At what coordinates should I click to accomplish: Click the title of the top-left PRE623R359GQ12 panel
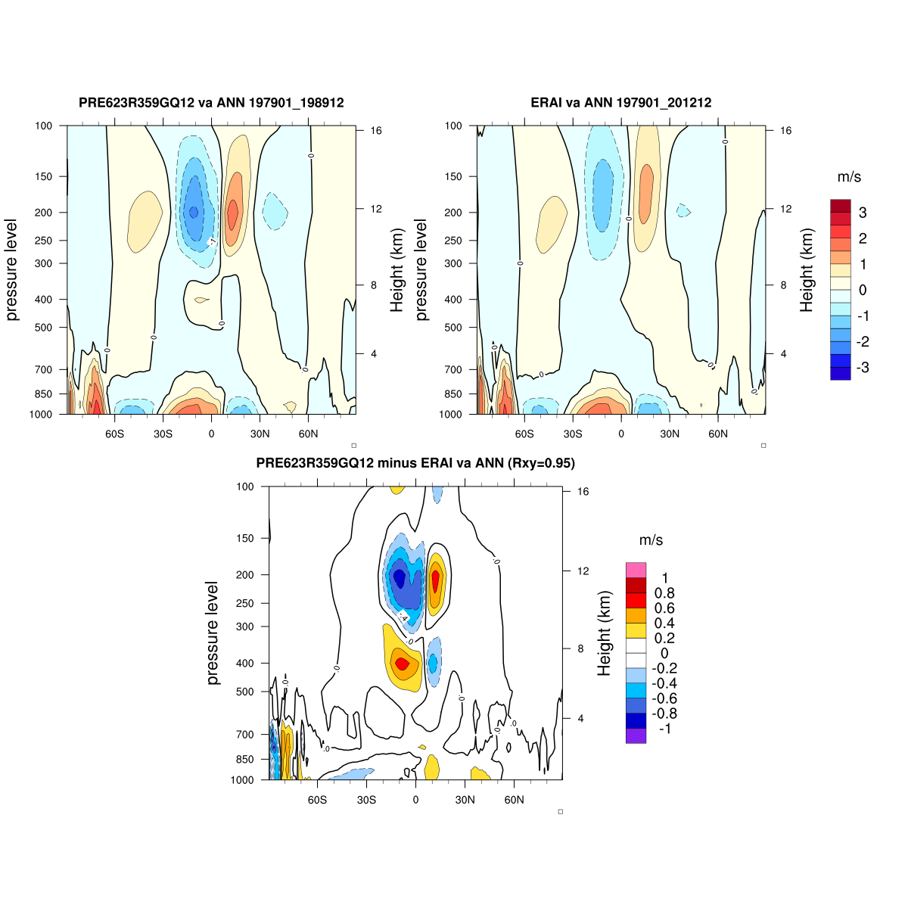pos(211,103)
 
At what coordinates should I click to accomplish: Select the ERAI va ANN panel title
pos(620,103)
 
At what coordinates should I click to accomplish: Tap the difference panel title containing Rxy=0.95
pos(415,463)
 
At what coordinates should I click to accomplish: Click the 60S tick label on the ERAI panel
pos(524,434)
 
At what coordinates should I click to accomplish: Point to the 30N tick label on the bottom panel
pos(465,800)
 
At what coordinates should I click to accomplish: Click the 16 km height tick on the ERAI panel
pos(786,131)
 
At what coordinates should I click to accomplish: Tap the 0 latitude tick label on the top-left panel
pos(211,434)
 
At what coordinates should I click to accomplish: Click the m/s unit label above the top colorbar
pos(849,177)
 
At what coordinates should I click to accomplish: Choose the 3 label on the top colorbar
pos(863,213)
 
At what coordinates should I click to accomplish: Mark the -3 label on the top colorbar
pos(862,368)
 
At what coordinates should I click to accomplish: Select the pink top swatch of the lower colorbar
pos(636,570)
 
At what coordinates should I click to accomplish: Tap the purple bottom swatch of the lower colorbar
pos(636,735)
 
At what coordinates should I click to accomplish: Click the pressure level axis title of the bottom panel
pos(213,633)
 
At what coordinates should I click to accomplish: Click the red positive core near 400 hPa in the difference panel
pos(402,664)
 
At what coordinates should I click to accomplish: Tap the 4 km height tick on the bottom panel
pos(580,718)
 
